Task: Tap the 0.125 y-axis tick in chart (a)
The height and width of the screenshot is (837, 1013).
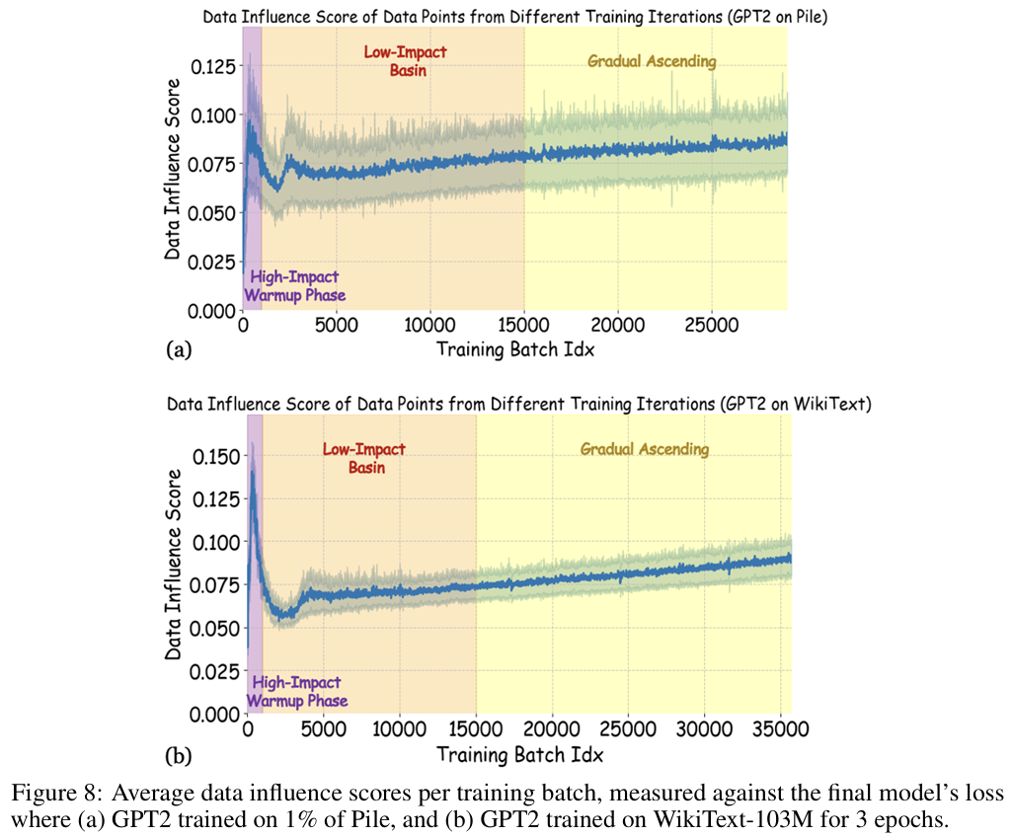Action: point(213,66)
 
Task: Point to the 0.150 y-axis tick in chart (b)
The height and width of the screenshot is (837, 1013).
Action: point(213,456)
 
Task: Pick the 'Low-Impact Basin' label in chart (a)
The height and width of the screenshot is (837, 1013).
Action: point(405,61)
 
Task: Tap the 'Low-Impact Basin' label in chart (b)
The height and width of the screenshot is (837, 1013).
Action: point(364,458)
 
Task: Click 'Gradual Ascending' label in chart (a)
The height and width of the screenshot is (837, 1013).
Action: point(652,61)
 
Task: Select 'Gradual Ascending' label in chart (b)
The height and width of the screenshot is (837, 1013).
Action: point(644,449)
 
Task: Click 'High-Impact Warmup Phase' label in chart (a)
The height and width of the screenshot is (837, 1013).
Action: point(294,286)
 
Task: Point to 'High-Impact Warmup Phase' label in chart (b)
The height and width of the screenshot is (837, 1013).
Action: point(296,691)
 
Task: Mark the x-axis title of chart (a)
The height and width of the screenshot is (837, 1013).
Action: point(514,348)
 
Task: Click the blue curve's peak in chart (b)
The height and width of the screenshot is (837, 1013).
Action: point(253,473)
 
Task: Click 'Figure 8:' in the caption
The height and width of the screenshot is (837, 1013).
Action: point(46,795)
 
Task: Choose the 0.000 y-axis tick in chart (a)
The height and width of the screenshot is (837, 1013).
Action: point(213,310)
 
